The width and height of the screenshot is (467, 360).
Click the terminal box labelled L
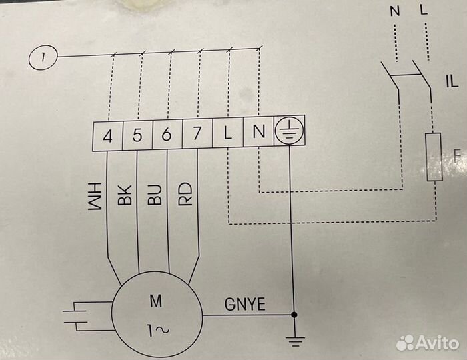(227, 135)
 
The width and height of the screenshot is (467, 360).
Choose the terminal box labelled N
(258, 135)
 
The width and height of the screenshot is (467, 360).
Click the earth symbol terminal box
(288, 135)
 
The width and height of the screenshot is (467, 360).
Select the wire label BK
(125, 194)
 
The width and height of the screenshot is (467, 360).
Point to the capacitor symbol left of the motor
(84, 316)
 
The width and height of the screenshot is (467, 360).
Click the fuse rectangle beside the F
(435, 157)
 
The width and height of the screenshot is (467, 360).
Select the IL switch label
(451, 83)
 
